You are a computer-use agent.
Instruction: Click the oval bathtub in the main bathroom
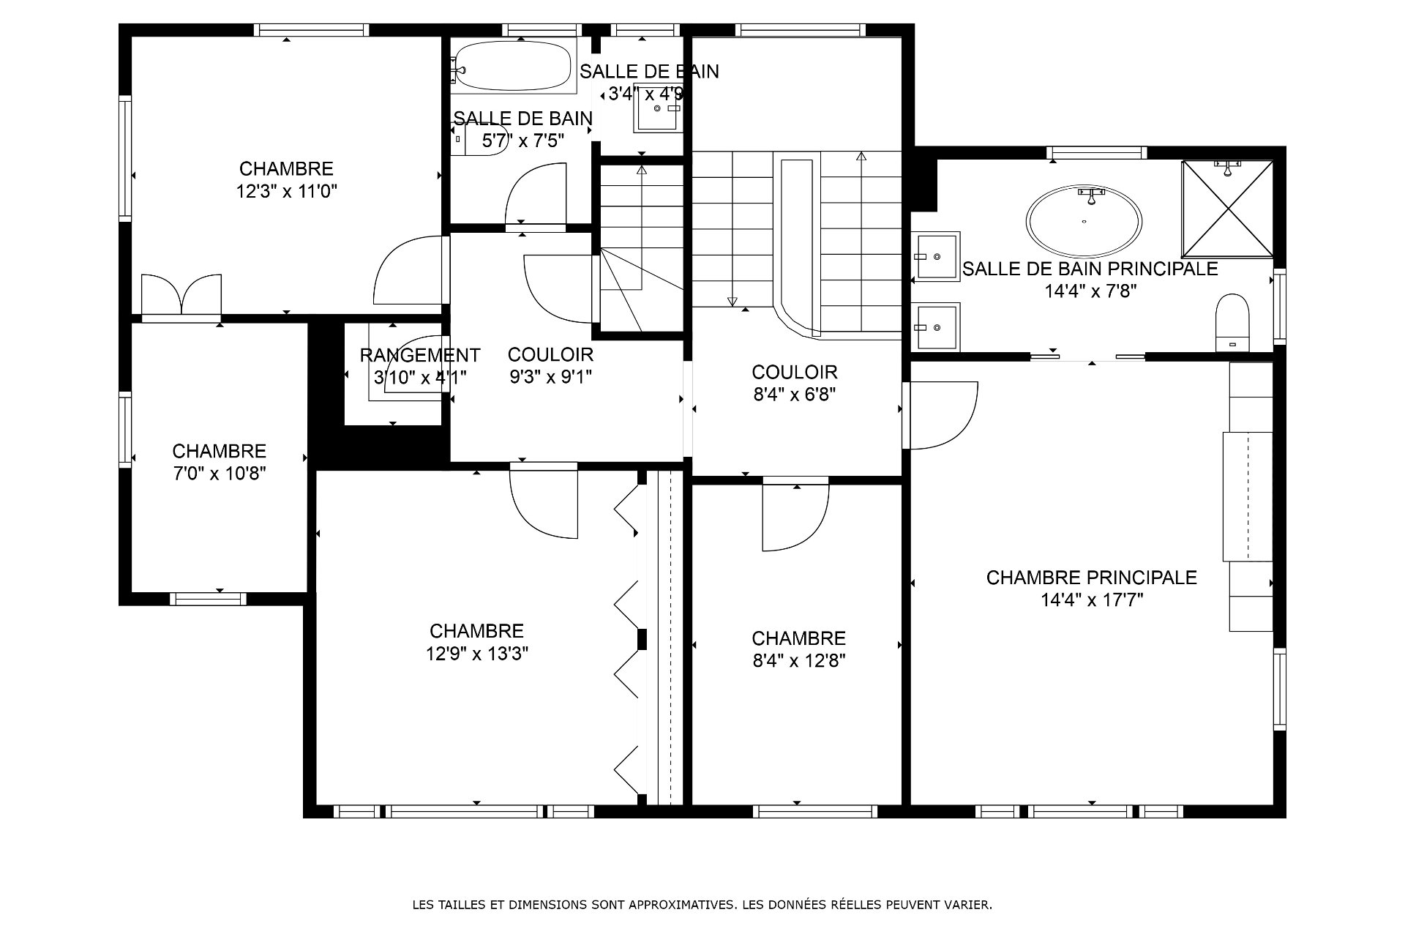click(x=1084, y=220)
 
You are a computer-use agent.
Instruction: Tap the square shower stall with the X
click(x=1227, y=209)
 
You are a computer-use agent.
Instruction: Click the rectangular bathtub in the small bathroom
click(x=513, y=66)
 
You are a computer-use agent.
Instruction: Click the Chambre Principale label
click(x=1091, y=578)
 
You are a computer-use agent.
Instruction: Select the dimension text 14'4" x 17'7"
click(x=1092, y=600)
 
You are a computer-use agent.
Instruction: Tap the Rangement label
click(x=420, y=355)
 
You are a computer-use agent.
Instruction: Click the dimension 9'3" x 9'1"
click(x=550, y=377)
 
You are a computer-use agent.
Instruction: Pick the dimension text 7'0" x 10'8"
click(x=219, y=474)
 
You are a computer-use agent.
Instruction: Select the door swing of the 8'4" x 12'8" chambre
click(x=795, y=517)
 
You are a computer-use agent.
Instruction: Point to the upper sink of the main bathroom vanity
click(x=937, y=257)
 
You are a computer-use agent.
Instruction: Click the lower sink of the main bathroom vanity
click(x=937, y=327)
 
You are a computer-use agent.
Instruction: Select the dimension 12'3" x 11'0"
click(x=287, y=192)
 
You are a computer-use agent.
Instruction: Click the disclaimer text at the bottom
click(x=702, y=905)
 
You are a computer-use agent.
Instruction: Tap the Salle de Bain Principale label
click(x=1090, y=269)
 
